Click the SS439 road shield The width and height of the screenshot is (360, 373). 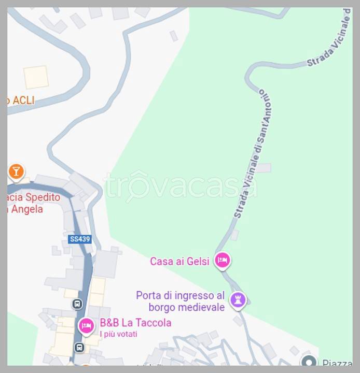tap(79, 239)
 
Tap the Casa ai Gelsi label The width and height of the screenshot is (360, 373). tap(179, 261)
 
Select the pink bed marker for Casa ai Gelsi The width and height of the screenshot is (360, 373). tap(223, 261)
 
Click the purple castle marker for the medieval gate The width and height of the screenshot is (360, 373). tap(238, 299)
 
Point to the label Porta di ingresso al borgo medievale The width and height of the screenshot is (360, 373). tap(180, 301)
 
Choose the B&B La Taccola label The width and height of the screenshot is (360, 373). tap(135, 323)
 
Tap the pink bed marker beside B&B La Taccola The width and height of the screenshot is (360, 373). tap(86, 326)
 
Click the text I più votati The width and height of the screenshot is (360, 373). tap(118, 334)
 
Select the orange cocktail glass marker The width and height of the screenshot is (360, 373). tap(17, 171)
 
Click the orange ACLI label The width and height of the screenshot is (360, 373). tap(21, 101)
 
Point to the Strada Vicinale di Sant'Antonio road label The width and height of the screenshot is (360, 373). tap(253, 154)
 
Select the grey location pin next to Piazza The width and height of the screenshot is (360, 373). tap(309, 362)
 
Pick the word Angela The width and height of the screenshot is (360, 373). tap(26, 209)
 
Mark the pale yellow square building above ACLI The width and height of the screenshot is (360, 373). tap(36, 77)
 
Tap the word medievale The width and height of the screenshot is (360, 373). tap(201, 307)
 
